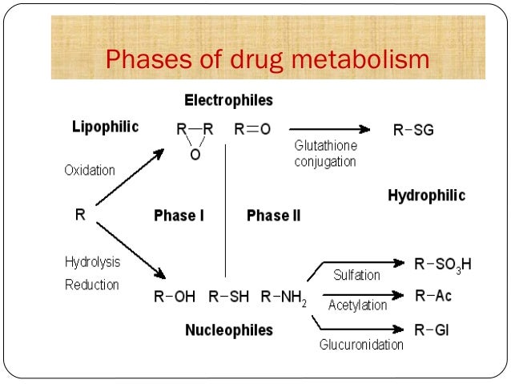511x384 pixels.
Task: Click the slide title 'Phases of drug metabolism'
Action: click(268, 60)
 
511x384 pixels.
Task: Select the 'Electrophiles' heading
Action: click(228, 101)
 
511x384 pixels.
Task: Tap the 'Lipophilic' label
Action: click(105, 127)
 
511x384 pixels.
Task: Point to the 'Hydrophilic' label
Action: click(426, 196)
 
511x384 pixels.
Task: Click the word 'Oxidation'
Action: click(90, 170)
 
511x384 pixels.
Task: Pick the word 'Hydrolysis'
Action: click(91, 261)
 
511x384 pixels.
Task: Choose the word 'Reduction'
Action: click(91, 285)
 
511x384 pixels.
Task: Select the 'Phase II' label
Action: click(273, 216)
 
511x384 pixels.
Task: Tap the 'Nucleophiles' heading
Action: click(228, 330)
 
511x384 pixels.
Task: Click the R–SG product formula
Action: click(413, 129)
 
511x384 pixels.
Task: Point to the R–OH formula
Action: click(174, 297)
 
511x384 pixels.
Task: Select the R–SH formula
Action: click(230, 297)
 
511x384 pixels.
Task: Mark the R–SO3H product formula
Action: click(443, 264)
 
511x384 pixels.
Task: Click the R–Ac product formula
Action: click(433, 297)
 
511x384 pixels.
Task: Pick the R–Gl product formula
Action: click(431, 329)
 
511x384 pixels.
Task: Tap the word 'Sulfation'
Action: click(356, 275)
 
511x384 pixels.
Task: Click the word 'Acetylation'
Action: click(357, 305)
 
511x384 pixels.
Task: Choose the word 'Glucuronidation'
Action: click(361, 345)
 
